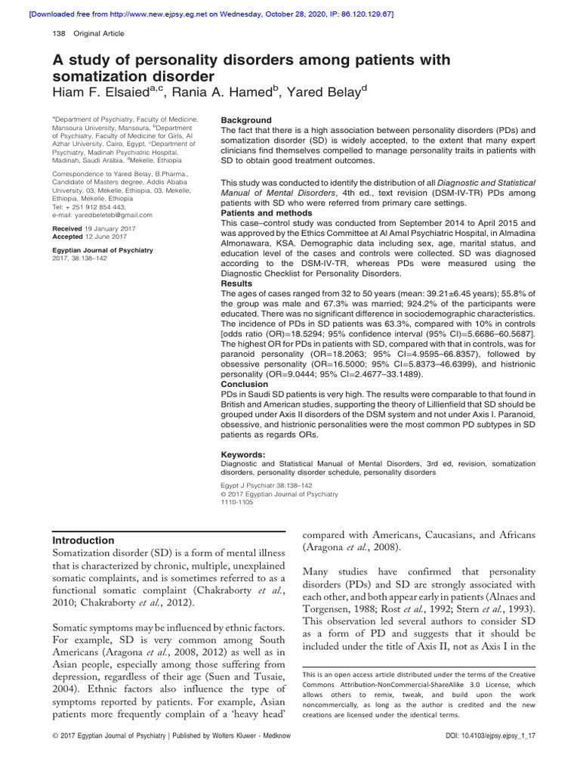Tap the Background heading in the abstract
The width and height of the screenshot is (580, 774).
pyautogui.click(x=245, y=120)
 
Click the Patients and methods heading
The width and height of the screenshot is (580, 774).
pyautogui.click(x=259, y=214)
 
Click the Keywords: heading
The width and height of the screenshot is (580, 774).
pyautogui.click(x=242, y=454)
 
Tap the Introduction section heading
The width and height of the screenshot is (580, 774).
pyautogui.click(x=83, y=540)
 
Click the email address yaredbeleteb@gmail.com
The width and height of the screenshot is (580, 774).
pyautogui.click(x=114, y=215)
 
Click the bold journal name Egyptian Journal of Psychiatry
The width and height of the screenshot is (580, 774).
pyautogui.click(x=101, y=249)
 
